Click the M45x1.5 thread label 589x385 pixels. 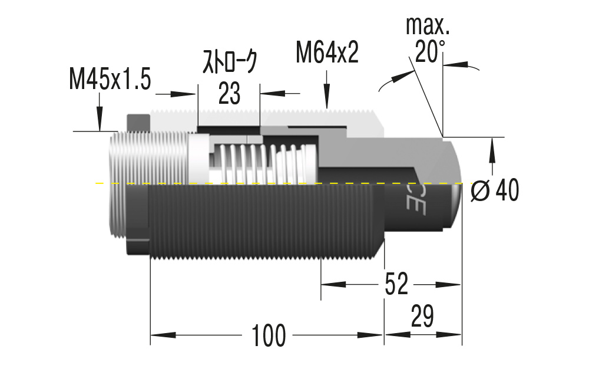(110, 78)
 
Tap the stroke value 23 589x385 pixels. (229, 93)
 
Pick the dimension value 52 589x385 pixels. (396, 285)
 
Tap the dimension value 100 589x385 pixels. (269, 335)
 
